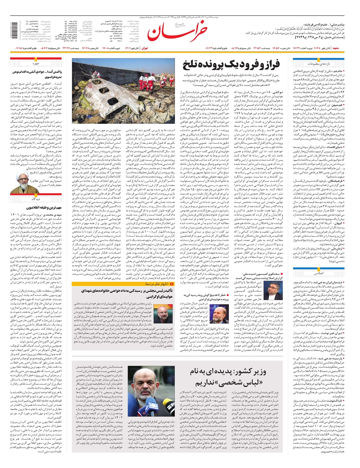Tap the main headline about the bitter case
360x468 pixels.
[231, 64]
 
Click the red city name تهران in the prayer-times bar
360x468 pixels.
[144, 48]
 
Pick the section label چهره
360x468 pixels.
[36, 64]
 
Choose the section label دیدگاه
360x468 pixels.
[36, 199]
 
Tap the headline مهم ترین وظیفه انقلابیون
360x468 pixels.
[44, 208]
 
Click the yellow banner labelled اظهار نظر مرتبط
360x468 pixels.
[156, 283]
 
